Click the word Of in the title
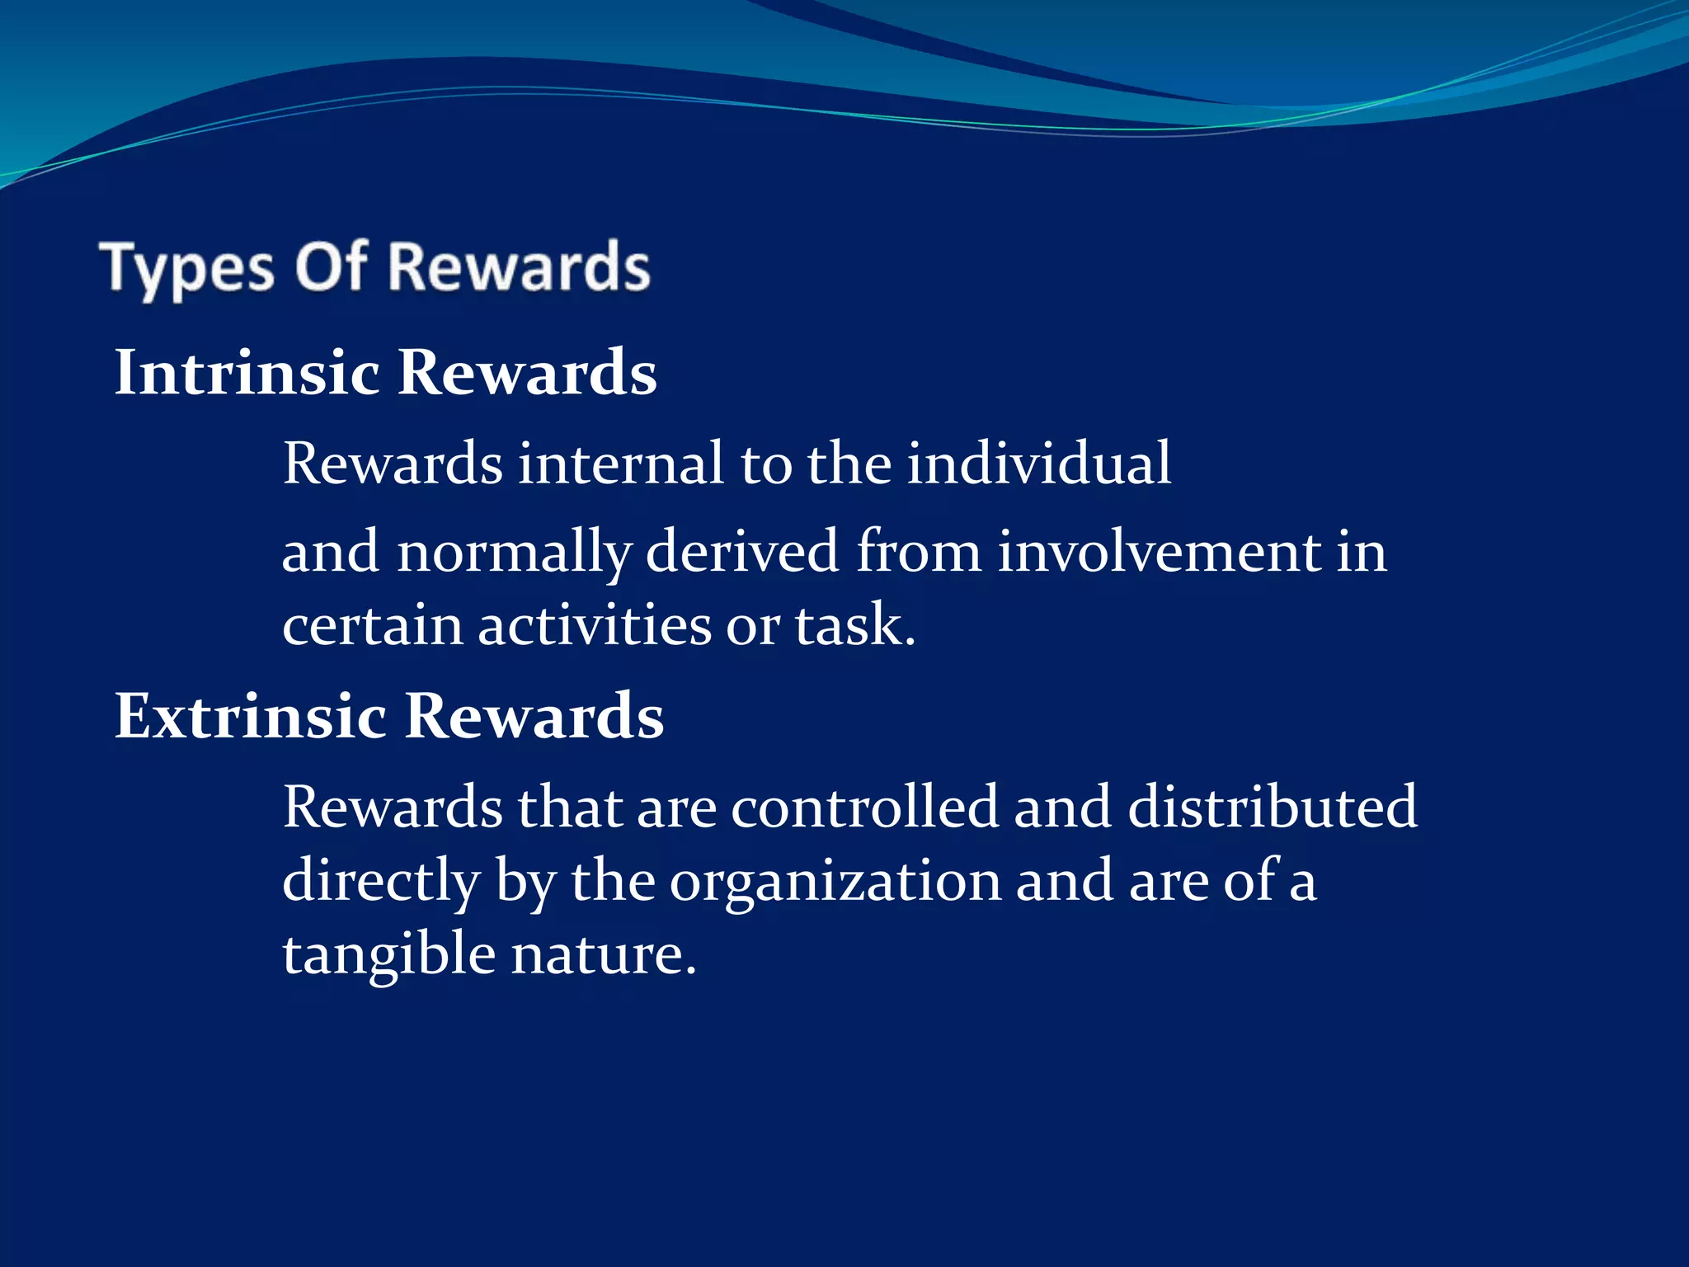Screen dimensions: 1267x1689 (331, 266)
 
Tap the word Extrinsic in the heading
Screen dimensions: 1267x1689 (250, 716)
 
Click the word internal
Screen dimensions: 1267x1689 (620, 464)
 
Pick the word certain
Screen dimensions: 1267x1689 (372, 625)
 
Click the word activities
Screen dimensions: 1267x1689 (594, 625)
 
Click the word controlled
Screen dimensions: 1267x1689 (863, 807)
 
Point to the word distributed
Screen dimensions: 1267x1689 (1272, 807)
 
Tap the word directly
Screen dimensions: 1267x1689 (381, 881)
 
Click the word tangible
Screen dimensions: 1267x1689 (388, 955)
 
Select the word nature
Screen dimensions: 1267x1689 (603, 955)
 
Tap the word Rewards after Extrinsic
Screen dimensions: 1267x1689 (534, 716)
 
